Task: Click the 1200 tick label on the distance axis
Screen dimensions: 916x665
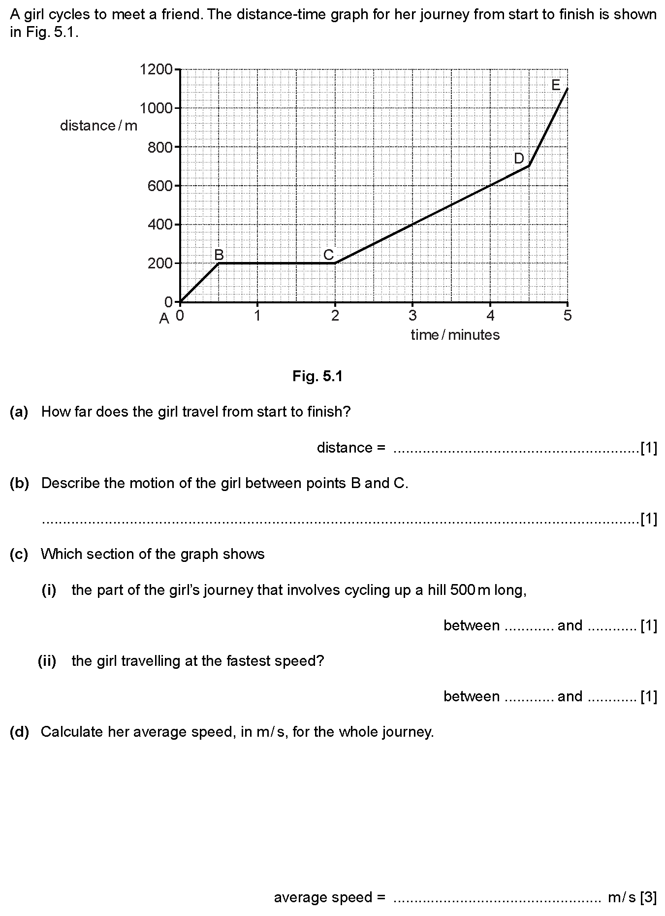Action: click(156, 69)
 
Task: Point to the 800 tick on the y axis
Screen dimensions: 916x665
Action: click(160, 147)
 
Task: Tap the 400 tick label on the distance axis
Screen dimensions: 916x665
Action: click(160, 225)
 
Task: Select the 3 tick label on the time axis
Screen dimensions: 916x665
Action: click(412, 316)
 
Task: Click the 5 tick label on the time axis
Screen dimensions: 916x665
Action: click(568, 316)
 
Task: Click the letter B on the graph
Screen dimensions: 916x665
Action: click(219, 255)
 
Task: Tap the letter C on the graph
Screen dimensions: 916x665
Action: click(328, 255)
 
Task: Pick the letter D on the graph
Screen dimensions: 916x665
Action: click(519, 158)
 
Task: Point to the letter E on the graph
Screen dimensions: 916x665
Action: click(556, 85)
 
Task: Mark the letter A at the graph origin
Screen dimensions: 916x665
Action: click(164, 319)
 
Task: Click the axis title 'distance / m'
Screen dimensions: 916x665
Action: click(98, 126)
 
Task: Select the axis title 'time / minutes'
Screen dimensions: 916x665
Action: click(455, 335)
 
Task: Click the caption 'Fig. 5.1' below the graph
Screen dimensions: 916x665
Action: click(317, 377)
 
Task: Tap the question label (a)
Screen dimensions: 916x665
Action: click(19, 412)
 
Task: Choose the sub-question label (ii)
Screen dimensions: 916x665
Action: click(47, 661)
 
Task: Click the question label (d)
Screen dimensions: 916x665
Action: click(19, 732)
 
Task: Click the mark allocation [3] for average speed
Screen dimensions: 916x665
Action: click(649, 898)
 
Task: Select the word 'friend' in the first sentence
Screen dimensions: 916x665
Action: click(179, 14)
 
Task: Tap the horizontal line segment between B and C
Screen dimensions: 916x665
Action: click(277, 263)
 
